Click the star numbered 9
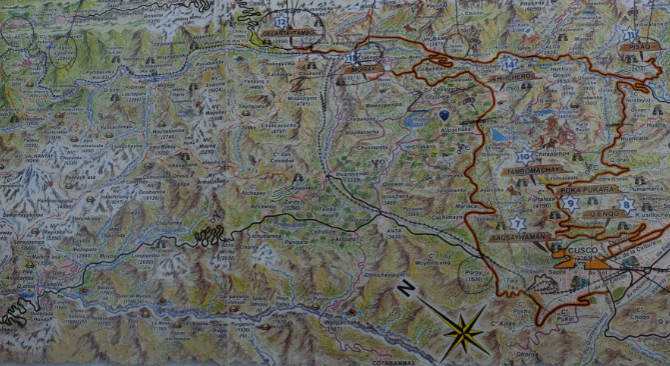pyautogui.click(x=571, y=203)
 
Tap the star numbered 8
pyautogui.click(x=625, y=205)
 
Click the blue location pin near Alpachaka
pyautogui.click(x=443, y=117)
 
